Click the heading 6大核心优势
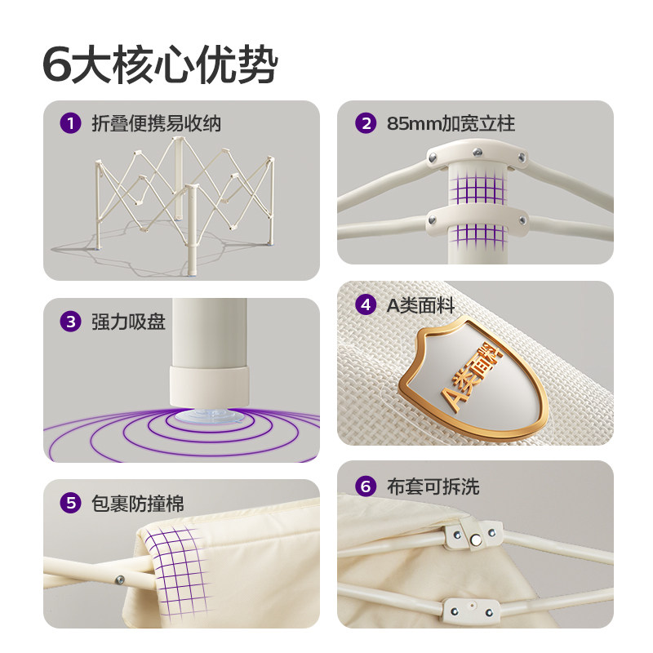(160, 65)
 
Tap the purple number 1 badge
(71, 124)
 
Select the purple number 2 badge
(365, 124)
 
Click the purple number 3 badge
(71, 322)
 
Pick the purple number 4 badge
(365, 305)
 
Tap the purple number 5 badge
(71, 503)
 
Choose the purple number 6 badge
(365, 487)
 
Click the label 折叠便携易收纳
(156, 124)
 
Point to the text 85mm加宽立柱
(451, 124)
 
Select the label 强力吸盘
(128, 322)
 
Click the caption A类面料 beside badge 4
(420, 305)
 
